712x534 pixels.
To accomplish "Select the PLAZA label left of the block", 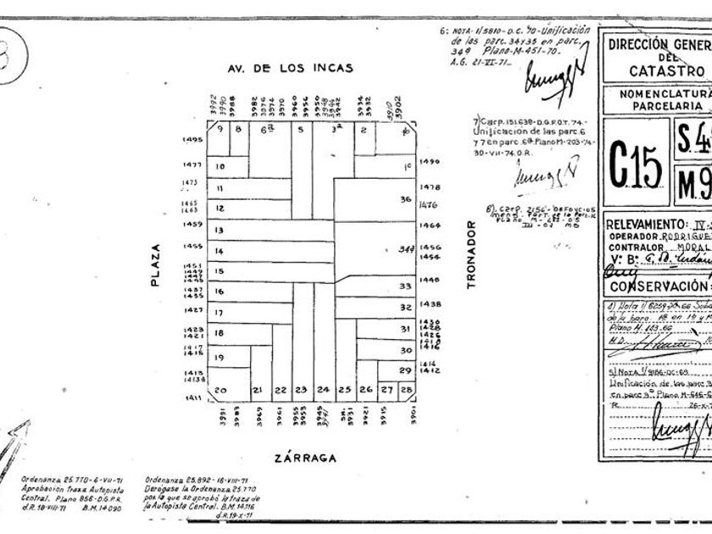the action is click(155, 265).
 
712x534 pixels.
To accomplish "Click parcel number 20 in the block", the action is click(220, 390).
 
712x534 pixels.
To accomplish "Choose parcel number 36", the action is click(405, 200).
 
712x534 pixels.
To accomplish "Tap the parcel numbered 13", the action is click(219, 231).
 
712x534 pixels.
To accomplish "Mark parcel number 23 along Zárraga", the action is click(300, 390).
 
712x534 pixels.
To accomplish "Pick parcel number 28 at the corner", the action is click(406, 389).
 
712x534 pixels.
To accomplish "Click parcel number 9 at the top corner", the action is click(220, 129).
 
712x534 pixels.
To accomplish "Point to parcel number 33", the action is click(405, 286).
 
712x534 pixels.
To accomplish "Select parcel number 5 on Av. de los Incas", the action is click(300, 130).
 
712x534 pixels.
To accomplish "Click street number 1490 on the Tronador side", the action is click(430, 161).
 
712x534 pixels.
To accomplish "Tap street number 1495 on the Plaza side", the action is click(192, 140).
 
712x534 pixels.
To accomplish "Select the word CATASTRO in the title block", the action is click(666, 71).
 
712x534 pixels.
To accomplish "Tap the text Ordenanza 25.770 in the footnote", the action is click(53, 479).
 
